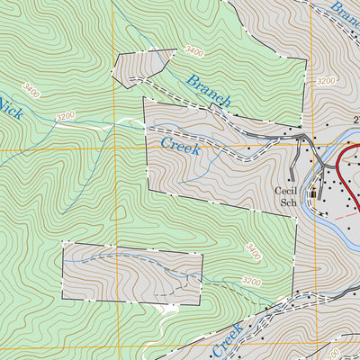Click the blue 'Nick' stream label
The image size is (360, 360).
10,109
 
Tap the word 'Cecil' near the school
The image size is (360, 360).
287,191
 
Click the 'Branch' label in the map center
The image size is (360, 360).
209,91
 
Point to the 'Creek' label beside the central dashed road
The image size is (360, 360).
180,144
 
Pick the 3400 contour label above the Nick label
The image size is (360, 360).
33,91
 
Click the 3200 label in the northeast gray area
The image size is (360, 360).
326,81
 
